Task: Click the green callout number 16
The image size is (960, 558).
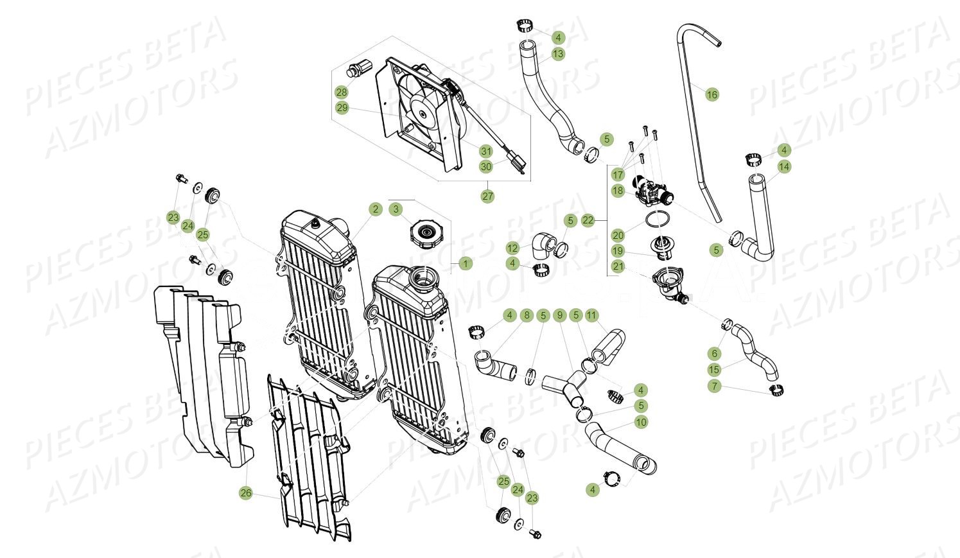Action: coord(711,95)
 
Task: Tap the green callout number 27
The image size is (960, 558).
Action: coord(488,196)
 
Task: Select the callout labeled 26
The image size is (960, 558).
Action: coord(246,493)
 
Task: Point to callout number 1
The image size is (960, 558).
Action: coord(466,263)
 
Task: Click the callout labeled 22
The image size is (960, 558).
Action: coord(588,220)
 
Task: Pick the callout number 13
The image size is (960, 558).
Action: coord(557,54)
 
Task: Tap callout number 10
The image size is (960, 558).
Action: coord(640,422)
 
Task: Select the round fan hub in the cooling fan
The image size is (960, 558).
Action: coord(423,114)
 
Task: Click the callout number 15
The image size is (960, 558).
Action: coord(715,370)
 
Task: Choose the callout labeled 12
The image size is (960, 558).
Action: coord(512,248)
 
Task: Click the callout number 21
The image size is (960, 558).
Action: coord(618,266)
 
